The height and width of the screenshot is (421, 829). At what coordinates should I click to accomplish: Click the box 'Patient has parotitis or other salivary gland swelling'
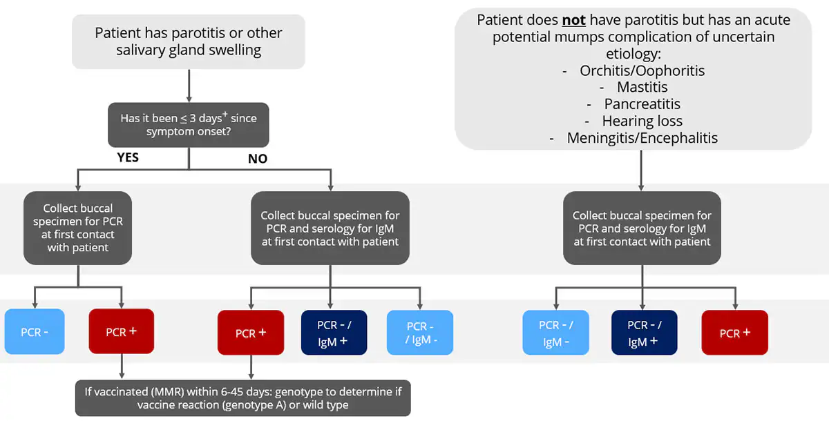click(189, 41)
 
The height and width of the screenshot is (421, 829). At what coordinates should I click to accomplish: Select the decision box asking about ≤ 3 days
click(189, 124)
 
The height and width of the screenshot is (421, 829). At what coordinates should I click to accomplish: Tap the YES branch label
click(128, 157)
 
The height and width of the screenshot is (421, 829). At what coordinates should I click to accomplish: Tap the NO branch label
click(258, 159)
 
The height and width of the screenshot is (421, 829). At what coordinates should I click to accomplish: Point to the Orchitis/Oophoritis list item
click(642, 70)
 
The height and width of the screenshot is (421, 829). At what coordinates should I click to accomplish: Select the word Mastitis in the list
click(642, 87)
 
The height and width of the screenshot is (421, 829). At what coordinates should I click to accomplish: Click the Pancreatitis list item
click(642, 104)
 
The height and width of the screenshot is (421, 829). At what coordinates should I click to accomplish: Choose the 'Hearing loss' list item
click(642, 121)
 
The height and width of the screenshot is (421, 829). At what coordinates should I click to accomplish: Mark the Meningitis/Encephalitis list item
click(642, 138)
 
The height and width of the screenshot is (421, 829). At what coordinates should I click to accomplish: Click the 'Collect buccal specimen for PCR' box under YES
click(78, 228)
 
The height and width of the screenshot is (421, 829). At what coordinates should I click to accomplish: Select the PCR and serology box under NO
click(330, 228)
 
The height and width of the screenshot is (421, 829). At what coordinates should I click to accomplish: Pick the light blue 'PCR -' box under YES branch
click(35, 332)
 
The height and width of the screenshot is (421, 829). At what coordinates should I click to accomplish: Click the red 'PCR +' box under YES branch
click(122, 332)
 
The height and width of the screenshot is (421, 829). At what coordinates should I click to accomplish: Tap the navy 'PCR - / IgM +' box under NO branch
click(334, 332)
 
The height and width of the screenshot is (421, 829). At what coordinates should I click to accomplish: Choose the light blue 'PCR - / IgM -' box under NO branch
click(420, 333)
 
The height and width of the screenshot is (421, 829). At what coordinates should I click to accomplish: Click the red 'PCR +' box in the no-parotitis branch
click(734, 333)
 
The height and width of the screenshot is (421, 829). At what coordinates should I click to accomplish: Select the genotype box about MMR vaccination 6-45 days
click(242, 398)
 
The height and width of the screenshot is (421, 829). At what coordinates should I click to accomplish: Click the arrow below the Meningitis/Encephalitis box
click(642, 170)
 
